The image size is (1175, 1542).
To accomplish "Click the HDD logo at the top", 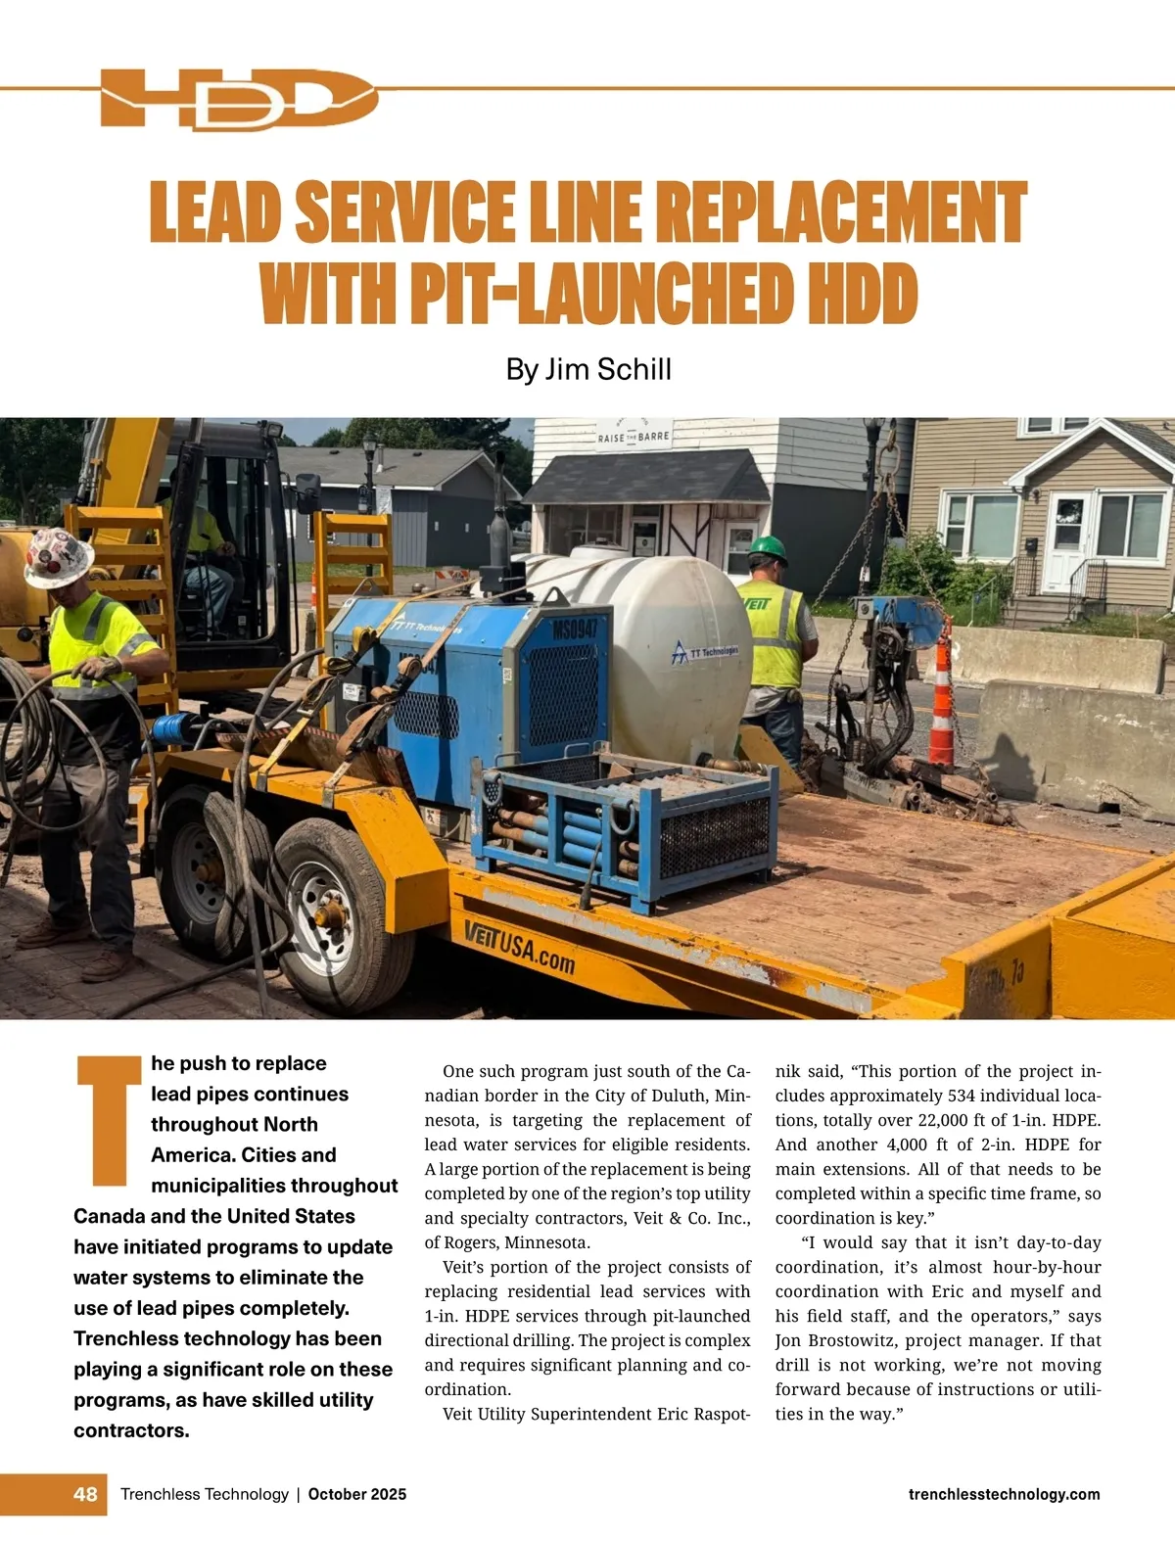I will tap(238, 99).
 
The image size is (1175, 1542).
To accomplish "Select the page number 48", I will tap(85, 1494).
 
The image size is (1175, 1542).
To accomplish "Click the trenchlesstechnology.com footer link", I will tap(1004, 1494).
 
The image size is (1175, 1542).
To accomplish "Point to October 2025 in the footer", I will tap(357, 1494).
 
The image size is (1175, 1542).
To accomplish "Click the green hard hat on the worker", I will tap(768, 548).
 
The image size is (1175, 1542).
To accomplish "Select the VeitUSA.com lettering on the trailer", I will tap(519, 946).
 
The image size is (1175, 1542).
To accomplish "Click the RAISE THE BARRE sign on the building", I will tap(634, 437).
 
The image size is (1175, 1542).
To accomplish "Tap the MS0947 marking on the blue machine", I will tap(575, 628).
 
